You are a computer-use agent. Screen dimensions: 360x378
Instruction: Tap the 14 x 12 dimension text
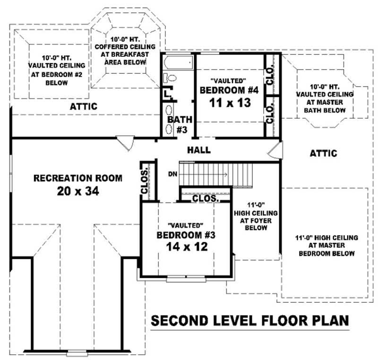187,246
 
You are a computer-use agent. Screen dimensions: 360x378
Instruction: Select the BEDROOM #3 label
186,235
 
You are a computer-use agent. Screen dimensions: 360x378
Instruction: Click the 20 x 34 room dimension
77,191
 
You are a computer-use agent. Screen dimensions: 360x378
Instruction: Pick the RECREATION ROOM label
77,178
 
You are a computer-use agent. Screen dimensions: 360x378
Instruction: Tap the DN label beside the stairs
173,174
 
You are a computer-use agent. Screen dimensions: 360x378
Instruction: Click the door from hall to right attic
275,150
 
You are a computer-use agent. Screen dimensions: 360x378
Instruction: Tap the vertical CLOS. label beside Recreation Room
145,181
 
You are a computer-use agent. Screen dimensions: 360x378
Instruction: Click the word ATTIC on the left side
84,106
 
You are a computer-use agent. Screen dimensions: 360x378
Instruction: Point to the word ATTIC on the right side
323,153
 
